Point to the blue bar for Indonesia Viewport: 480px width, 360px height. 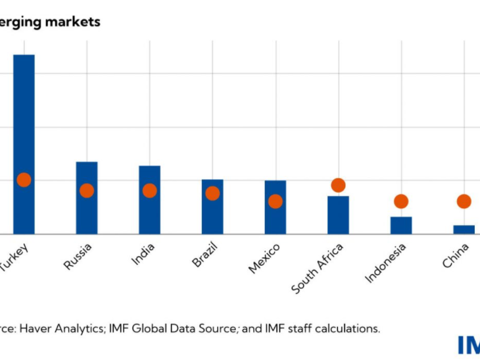(x=401, y=225)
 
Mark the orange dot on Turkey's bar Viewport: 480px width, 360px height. (x=24, y=180)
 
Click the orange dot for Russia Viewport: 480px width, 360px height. (x=87, y=190)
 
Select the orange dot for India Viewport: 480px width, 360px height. (x=150, y=190)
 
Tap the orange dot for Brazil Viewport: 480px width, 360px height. (x=212, y=193)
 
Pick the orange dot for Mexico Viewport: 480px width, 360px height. (x=276, y=201)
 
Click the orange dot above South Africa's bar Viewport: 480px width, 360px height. (x=338, y=185)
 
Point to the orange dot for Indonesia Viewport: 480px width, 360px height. (x=401, y=201)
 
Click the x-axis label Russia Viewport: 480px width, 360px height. (x=78, y=256)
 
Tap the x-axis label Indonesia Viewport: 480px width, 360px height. (x=386, y=263)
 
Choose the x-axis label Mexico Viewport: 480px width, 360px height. (x=264, y=258)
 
